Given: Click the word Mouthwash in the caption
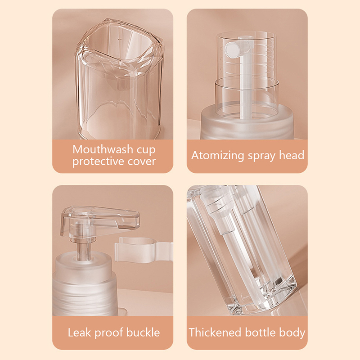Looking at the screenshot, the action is tap(103, 149).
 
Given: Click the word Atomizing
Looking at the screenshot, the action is tap(218, 155).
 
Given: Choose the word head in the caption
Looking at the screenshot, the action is tap(292, 155).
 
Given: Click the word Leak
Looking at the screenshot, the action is tap(79, 333).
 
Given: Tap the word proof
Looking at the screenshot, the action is tap(108, 333).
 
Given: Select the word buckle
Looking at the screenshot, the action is tap(143, 333).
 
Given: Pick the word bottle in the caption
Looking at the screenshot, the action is tap(260, 333).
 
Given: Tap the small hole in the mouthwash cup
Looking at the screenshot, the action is tap(119, 39).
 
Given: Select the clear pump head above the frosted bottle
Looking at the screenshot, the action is tap(100, 222).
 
